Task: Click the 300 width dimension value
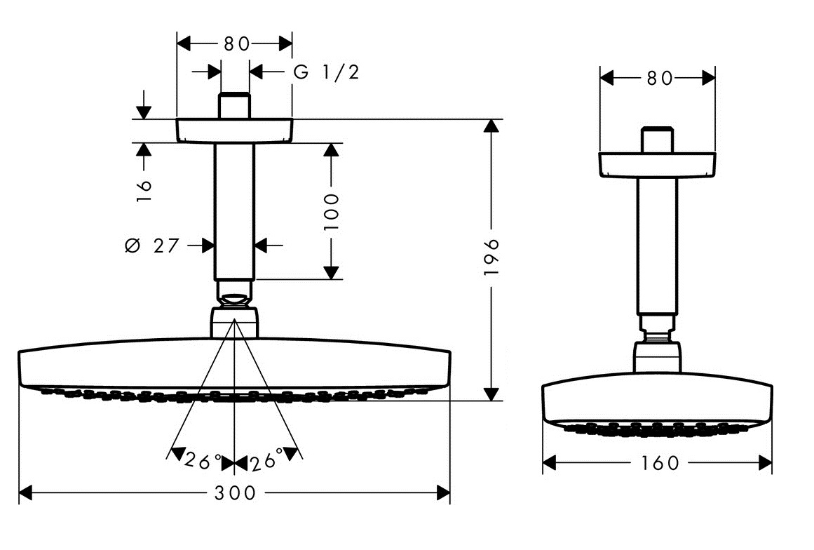(236, 493)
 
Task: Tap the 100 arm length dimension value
(332, 211)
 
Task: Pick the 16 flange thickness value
(144, 190)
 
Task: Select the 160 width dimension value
(659, 463)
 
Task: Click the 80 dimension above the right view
(659, 78)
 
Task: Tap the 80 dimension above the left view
(236, 43)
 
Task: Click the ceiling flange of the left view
(234, 130)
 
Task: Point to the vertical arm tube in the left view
(234, 210)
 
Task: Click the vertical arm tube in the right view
(657, 246)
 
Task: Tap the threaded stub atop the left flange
(234, 106)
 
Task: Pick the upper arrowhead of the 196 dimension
(493, 127)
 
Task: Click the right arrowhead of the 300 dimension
(443, 493)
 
